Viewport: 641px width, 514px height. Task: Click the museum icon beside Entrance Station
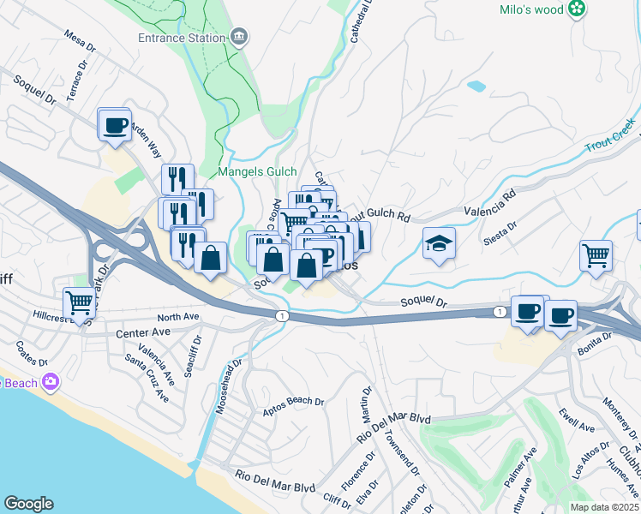coord(240,37)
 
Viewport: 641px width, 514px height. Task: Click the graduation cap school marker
coord(439,244)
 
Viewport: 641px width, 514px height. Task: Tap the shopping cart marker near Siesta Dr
coord(596,254)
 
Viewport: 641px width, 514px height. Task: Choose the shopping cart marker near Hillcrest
coord(79,302)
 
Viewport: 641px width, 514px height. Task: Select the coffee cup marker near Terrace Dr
coord(114,125)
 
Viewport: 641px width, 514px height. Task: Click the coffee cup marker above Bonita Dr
coord(560,315)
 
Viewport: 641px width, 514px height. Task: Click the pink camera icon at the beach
coord(52,380)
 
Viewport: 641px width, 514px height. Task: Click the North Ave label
coord(177,317)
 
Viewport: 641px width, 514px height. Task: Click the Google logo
coord(28,504)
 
